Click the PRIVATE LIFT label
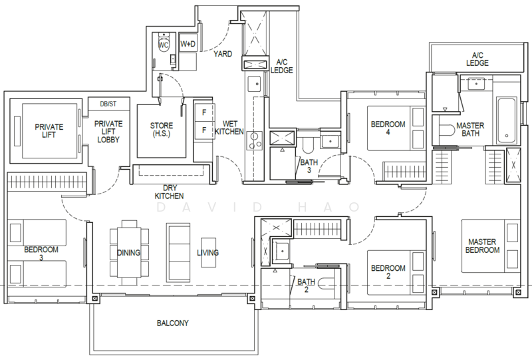click(x=49, y=130)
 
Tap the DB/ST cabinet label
click(x=108, y=104)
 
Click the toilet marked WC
click(x=164, y=45)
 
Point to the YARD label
click(x=223, y=54)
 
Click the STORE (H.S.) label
click(x=162, y=129)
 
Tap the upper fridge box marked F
click(x=204, y=112)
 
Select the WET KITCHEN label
click(x=229, y=128)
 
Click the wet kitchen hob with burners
click(x=255, y=140)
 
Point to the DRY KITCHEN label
click(x=170, y=192)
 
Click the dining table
click(x=129, y=252)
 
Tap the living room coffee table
click(x=208, y=252)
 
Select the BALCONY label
click(x=173, y=323)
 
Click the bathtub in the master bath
click(x=507, y=120)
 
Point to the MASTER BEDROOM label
click(x=482, y=246)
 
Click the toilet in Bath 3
click(x=309, y=144)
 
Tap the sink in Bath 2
click(x=282, y=251)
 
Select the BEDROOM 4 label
click(x=388, y=128)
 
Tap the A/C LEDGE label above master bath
click(x=477, y=59)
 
